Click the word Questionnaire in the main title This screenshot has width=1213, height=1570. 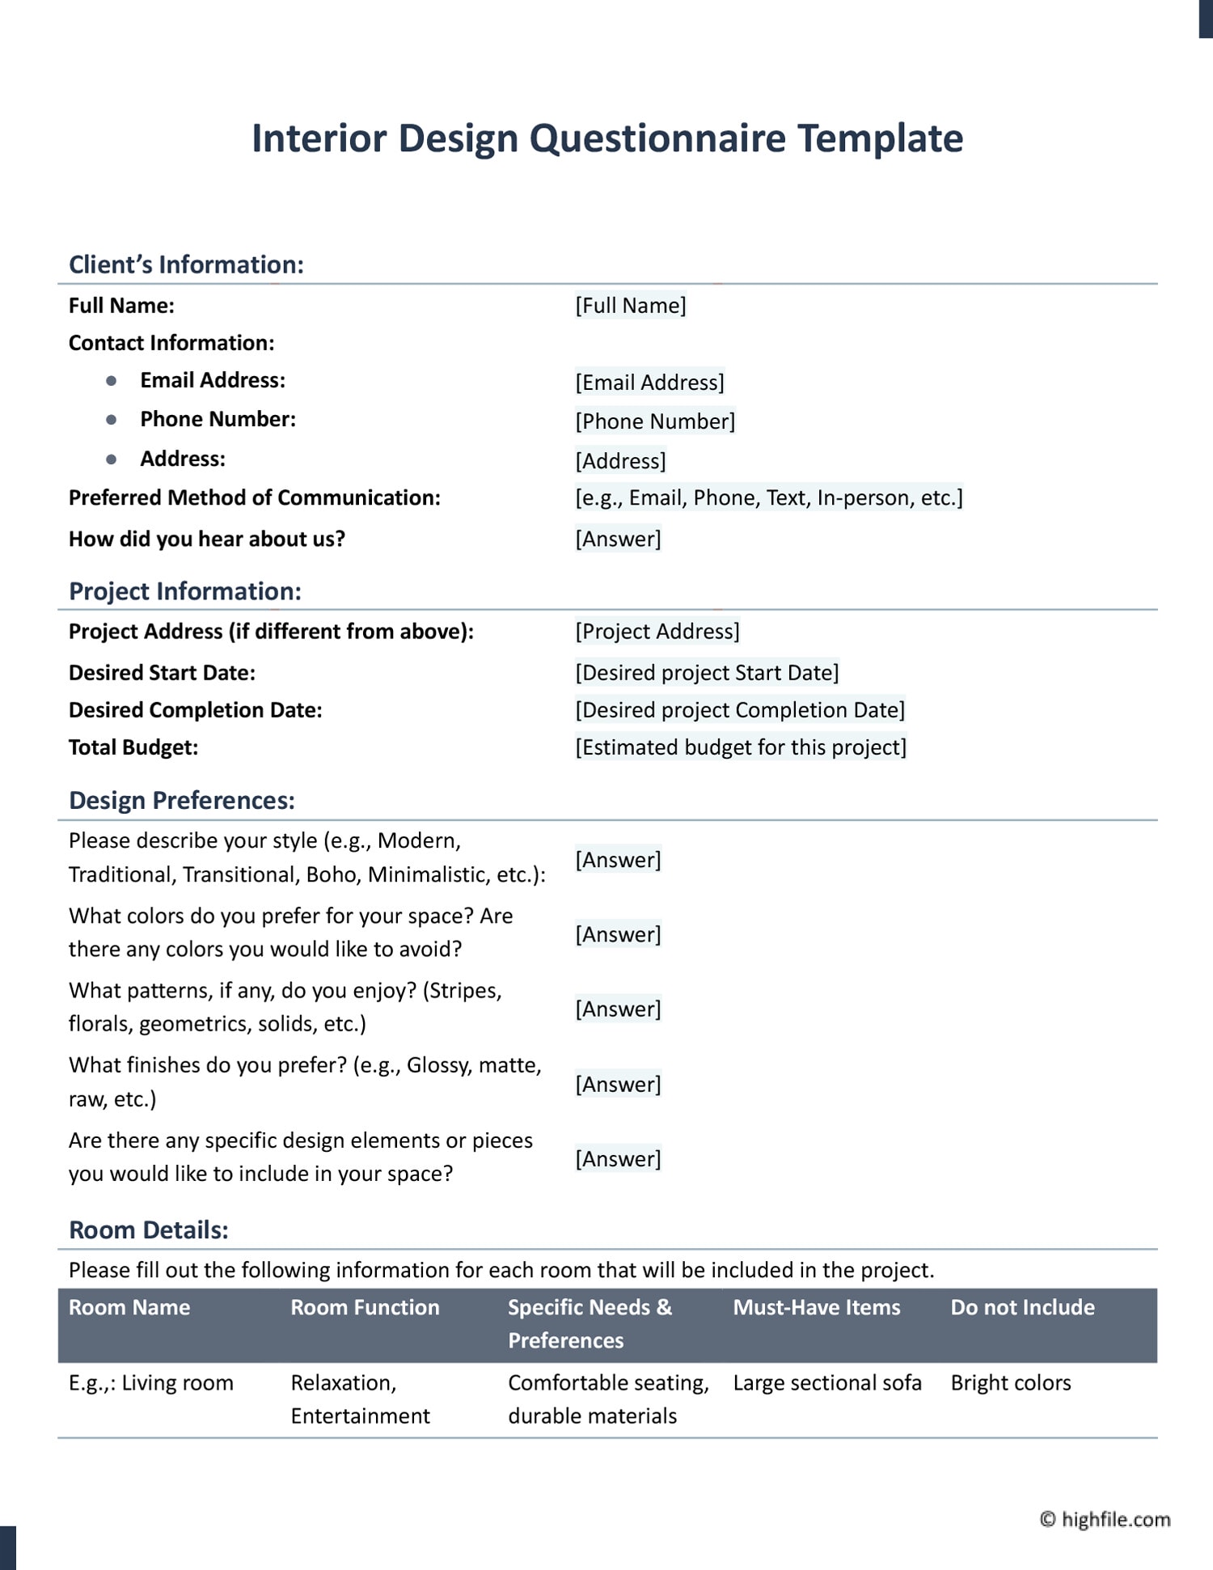click(657, 139)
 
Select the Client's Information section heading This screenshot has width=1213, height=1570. click(186, 264)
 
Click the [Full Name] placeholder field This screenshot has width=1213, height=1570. click(631, 306)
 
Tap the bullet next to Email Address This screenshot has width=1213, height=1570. click(112, 380)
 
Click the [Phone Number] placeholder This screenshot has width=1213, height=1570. click(655, 421)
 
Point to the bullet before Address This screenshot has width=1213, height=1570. click(112, 459)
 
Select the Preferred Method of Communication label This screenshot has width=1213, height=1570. click(254, 497)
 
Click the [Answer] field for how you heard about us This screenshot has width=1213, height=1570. click(618, 539)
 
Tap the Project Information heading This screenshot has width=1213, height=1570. click(185, 591)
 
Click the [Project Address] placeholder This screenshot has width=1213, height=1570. click(657, 631)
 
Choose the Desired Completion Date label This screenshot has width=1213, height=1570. click(195, 710)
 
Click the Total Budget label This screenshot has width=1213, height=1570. click(133, 747)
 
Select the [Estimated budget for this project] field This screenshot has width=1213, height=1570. click(741, 747)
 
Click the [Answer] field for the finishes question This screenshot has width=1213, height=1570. click(618, 1084)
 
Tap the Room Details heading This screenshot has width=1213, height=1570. click(149, 1230)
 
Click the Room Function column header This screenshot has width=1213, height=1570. click(365, 1308)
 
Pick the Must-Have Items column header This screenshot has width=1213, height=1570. click(817, 1308)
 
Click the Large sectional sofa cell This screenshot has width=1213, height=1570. click(827, 1383)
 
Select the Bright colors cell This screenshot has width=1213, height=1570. click(1011, 1383)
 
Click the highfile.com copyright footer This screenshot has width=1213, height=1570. click(1105, 1520)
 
